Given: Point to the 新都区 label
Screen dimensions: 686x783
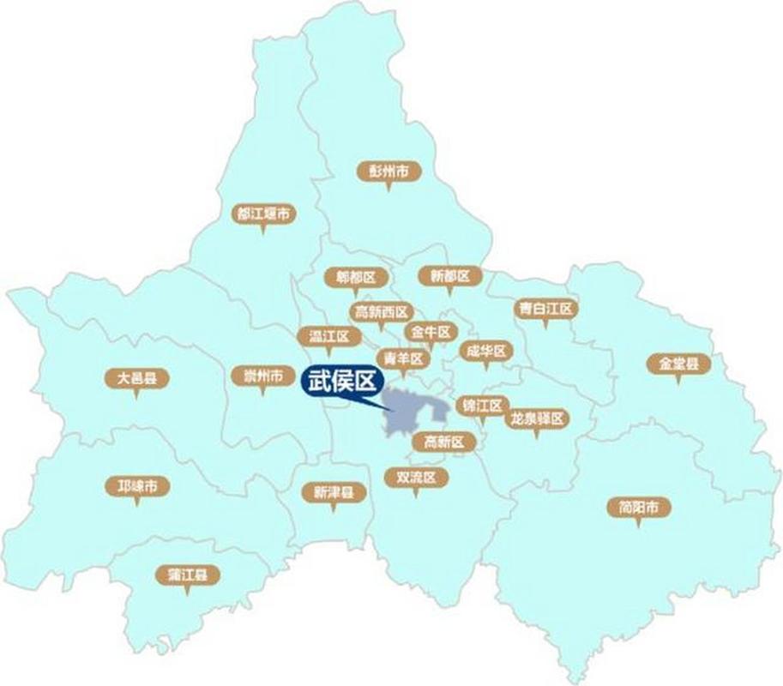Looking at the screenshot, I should point(450,276).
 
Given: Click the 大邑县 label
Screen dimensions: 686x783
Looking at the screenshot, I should point(136,377).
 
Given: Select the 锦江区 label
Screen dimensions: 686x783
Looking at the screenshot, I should point(483,405).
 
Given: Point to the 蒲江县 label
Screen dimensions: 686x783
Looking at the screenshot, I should point(187,575).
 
